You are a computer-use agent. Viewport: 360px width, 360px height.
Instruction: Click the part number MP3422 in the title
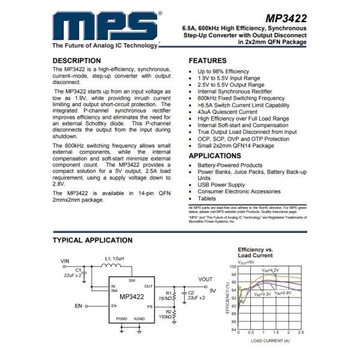coord(285,18)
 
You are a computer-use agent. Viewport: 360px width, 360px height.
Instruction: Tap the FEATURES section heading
coord(208,61)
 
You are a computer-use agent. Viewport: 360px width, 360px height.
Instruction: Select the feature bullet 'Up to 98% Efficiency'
coord(223,71)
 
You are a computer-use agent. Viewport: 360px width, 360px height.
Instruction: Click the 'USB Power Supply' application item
coord(221,185)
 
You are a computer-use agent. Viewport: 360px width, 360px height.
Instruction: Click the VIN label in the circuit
coord(65,262)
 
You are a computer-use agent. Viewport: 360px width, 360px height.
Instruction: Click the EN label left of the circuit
coord(78,305)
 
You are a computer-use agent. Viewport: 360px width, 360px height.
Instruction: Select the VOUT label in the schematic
coord(205,280)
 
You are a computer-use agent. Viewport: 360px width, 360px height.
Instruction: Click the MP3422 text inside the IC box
coord(131,296)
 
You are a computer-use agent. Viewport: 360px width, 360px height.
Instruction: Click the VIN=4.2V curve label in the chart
coord(271,271)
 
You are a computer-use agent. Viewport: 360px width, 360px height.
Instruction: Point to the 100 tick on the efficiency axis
coord(233,266)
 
